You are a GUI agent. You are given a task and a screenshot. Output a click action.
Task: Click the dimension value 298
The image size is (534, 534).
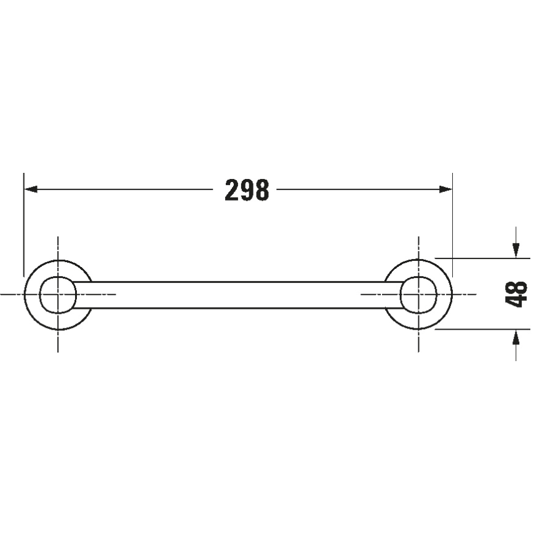[247, 190]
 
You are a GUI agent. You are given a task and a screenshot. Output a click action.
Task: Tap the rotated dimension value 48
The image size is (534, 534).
[516, 294]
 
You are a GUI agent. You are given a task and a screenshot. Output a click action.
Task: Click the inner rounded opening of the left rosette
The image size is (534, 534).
[57, 294]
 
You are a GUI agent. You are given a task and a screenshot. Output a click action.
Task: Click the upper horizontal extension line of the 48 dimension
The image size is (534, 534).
[480, 258]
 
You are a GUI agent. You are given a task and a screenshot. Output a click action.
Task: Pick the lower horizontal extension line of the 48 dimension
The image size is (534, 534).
[480, 329]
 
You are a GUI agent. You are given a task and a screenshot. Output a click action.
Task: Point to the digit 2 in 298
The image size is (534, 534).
[232, 190]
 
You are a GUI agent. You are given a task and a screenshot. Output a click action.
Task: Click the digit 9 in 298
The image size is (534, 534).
[247, 190]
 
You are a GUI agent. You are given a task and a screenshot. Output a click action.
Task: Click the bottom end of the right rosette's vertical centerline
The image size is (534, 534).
[418, 351]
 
